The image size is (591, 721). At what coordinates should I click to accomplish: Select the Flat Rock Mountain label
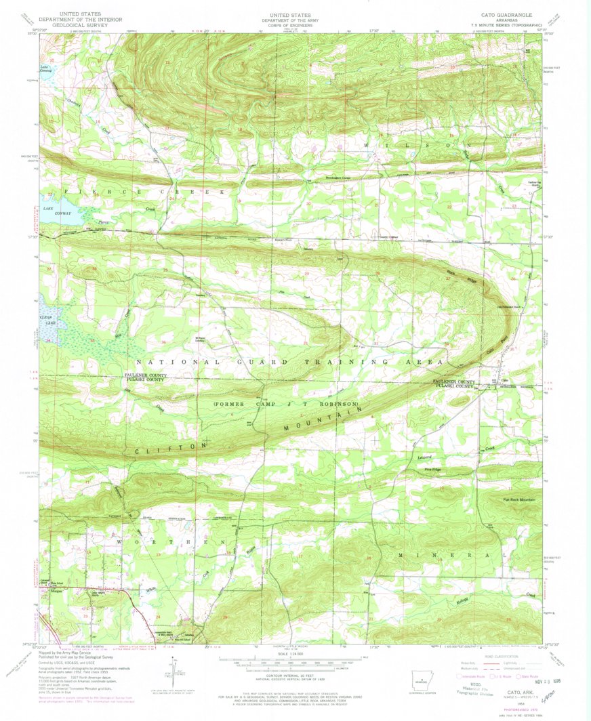[519, 499]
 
